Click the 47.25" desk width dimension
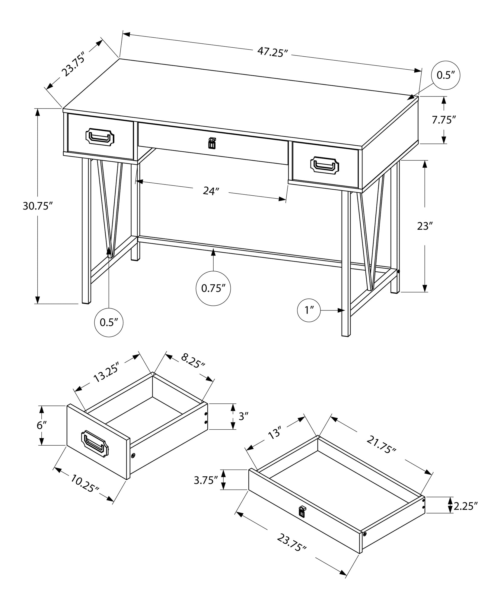tap(271, 52)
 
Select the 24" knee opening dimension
tap(210, 191)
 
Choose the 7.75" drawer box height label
tap(443, 120)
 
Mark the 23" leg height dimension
tap(425, 226)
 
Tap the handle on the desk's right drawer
tap(324, 165)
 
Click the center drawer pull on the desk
tap(212, 143)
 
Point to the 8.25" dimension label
tap(193, 361)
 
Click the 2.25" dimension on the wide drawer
tap(466, 505)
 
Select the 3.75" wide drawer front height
tap(206, 480)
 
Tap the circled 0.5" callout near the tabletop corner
tap(446, 75)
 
